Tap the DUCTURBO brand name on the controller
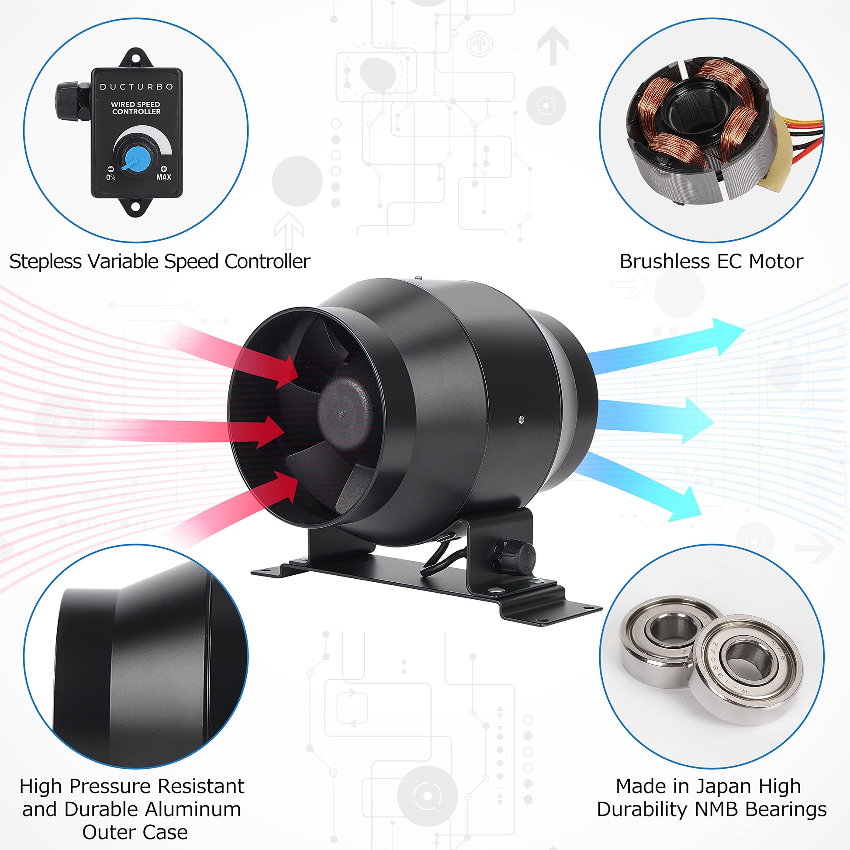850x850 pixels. tap(136, 86)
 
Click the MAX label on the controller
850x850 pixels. tap(164, 177)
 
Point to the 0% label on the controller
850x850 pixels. tap(111, 177)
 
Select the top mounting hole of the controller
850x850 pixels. tap(137, 57)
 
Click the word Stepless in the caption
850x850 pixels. tap(46, 262)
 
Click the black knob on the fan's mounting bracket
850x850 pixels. tap(513, 557)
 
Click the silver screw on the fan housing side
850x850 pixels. tap(521, 419)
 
